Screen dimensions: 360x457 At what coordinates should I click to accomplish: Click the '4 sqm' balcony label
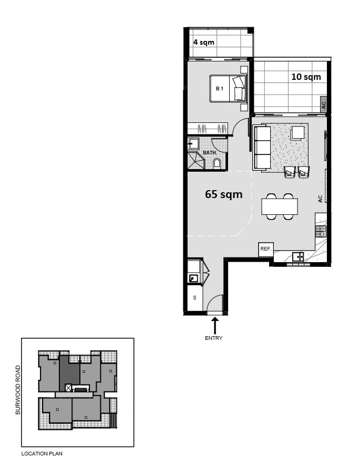(204, 42)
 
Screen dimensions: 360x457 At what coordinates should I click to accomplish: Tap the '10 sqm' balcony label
(306, 77)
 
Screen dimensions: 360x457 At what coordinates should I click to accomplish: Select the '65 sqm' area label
(223, 194)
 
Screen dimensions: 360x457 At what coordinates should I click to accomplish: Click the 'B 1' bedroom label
(220, 88)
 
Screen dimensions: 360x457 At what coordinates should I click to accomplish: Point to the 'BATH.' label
(210, 153)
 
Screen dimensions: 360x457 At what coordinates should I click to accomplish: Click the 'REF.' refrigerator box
(266, 250)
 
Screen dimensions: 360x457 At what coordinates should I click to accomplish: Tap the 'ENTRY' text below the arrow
(214, 338)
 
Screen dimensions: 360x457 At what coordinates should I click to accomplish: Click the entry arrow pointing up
(215, 326)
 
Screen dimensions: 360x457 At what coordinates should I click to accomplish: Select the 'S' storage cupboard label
(195, 298)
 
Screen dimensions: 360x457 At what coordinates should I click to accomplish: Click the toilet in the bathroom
(217, 163)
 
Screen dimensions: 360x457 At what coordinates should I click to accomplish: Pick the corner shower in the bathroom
(196, 160)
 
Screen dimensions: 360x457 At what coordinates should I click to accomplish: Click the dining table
(280, 206)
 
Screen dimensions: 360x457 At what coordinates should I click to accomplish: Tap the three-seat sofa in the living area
(262, 147)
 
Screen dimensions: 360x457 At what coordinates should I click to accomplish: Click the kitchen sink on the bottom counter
(298, 257)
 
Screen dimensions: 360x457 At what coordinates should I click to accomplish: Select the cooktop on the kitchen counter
(321, 231)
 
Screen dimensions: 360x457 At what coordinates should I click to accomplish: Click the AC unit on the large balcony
(323, 105)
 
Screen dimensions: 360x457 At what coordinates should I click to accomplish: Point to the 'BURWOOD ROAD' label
(18, 390)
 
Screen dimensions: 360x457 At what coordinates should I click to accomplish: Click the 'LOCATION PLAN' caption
(42, 453)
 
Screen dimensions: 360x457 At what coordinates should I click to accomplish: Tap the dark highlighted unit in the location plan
(69, 373)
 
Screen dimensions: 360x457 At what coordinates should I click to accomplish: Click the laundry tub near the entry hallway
(193, 278)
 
